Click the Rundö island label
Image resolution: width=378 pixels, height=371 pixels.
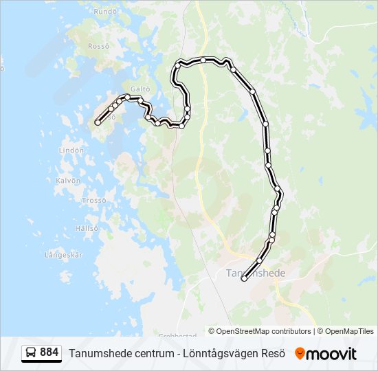coord(105,12)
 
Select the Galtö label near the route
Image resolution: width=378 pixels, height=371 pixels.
coord(140,89)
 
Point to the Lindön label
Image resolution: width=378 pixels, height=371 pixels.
coord(71,150)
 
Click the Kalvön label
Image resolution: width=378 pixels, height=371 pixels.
coord(68,181)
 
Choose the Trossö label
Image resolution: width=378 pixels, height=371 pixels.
coord(93,201)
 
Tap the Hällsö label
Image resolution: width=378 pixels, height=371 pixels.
coord(87,228)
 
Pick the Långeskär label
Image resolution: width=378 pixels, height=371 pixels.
coord(63,255)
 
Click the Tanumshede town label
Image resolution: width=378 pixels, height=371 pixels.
coord(256,273)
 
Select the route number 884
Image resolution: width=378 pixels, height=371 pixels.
coord(49,352)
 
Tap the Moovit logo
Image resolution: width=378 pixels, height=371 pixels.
coord(326,354)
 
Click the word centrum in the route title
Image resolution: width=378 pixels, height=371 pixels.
coord(154,353)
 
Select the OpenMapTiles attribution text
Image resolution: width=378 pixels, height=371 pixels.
coord(348,331)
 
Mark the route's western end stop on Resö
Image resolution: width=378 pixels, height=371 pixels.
coord(98,122)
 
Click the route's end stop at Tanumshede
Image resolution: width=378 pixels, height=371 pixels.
coord(244,278)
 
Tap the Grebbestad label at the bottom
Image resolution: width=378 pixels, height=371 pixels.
coord(177,335)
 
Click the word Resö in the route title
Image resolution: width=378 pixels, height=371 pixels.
coord(273,353)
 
